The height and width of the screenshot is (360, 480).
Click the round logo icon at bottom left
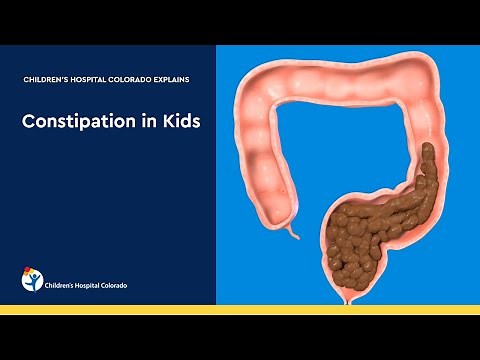point(33,279)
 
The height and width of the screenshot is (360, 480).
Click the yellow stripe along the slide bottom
point(240,309)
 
